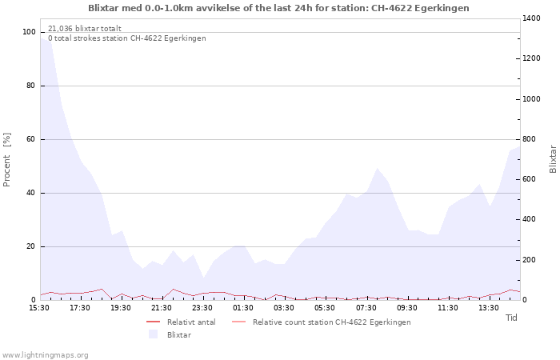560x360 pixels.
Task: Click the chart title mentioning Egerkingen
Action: (278, 8)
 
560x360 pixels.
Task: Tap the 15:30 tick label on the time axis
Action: (39, 308)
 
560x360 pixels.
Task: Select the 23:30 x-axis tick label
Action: (202, 308)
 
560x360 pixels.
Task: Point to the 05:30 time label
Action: (325, 308)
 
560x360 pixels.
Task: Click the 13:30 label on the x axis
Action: (489, 308)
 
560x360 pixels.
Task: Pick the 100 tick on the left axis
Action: (30, 32)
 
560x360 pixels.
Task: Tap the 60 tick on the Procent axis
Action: (30, 139)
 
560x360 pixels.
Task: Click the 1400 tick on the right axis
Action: (531, 18)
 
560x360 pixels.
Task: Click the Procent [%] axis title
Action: (6, 160)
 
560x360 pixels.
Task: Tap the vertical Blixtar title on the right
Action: (553, 159)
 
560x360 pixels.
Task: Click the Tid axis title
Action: (511, 318)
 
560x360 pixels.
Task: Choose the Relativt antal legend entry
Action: (181, 322)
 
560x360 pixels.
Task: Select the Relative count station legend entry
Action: (322, 322)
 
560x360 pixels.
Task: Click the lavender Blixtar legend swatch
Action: (154, 334)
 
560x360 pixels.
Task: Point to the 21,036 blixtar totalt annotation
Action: (85, 29)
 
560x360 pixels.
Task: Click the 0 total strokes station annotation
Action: (126, 38)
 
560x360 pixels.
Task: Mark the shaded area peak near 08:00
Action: (377, 168)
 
